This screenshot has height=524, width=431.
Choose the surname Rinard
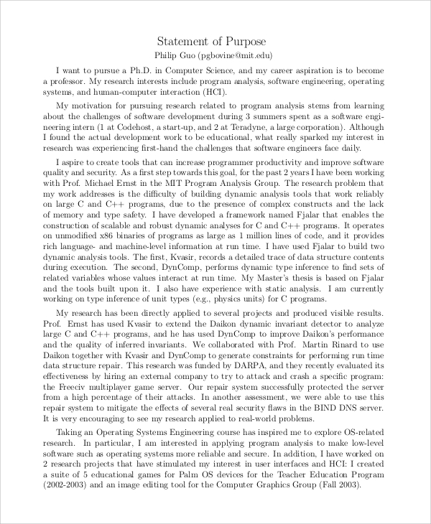[354, 345]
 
